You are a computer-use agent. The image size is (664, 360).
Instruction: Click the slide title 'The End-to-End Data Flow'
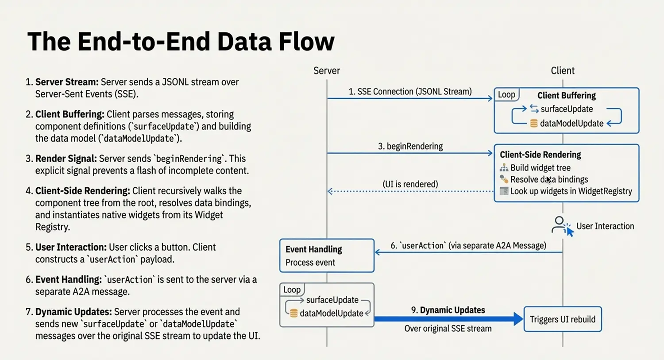click(181, 42)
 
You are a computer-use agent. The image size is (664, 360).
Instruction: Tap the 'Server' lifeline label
click(327, 71)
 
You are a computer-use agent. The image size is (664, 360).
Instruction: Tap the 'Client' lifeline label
click(562, 71)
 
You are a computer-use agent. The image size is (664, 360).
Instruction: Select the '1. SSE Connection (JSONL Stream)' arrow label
click(410, 92)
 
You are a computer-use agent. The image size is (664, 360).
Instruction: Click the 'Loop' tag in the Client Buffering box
click(506, 94)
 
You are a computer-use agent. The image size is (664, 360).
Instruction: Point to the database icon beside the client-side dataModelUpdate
click(534, 124)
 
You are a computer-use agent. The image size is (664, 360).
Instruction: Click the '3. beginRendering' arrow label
click(410, 146)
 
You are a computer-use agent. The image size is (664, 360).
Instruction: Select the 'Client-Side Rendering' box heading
click(540, 155)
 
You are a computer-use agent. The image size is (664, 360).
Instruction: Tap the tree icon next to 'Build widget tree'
click(504, 168)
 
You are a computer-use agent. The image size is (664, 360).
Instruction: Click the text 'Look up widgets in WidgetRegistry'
click(571, 191)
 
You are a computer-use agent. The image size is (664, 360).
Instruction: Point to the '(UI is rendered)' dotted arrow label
click(410, 184)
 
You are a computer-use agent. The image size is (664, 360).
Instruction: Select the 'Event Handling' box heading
click(313, 249)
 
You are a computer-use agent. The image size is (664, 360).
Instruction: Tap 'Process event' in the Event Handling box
click(310, 263)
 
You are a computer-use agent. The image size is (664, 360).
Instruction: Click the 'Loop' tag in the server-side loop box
click(292, 290)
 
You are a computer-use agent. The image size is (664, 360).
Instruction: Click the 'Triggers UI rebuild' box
click(562, 319)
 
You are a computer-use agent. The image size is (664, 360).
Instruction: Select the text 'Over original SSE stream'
click(448, 329)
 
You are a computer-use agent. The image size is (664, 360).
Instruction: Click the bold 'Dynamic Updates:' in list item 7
click(73, 312)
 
